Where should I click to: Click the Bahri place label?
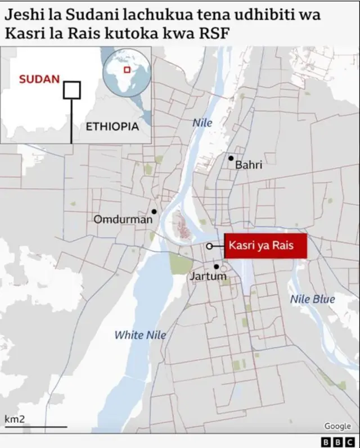(248, 165)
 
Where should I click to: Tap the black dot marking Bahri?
(231, 158)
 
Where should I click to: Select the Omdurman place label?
(123, 219)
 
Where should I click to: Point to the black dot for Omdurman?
(154, 212)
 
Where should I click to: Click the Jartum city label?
(208, 277)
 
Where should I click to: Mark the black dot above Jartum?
(216, 266)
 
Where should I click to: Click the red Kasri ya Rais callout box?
(265, 246)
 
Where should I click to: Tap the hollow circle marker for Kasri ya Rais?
(209, 246)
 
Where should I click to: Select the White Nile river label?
(140, 335)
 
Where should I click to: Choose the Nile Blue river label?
(312, 300)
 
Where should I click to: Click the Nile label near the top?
(202, 123)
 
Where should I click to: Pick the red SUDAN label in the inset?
(39, 79)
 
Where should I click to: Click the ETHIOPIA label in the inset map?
(112, 126)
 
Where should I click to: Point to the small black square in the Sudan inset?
(71, 90)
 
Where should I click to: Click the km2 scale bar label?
(14, 419)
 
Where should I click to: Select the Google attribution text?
(337, 426)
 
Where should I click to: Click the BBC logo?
(336, 441)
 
